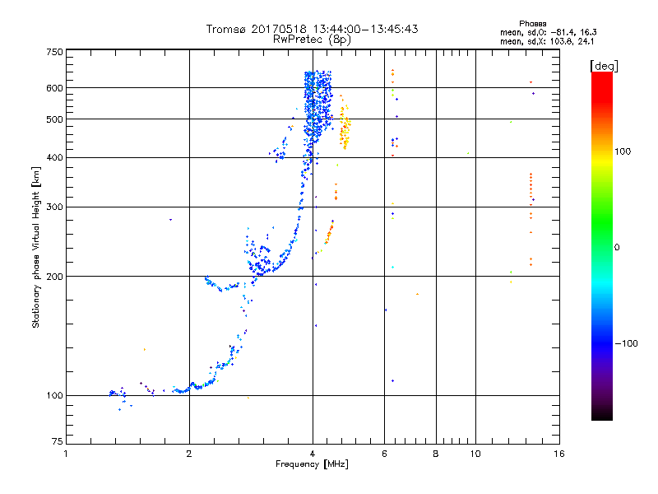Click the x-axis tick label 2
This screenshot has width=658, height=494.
[189, 453]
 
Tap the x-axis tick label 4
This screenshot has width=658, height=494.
[313, 453]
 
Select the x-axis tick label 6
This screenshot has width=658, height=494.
[384, 453]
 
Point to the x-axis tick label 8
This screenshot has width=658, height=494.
[436, 453]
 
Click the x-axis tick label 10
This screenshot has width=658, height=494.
[475, 453]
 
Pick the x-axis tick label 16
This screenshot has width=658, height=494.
[558, 453]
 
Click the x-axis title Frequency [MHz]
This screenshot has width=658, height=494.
[312, 465]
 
